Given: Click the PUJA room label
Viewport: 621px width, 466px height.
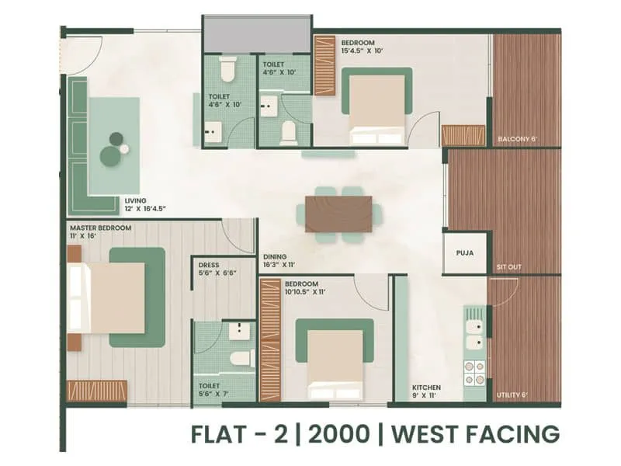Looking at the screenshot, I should (x=466, y=253).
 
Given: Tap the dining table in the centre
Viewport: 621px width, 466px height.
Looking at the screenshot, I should (x=338, y=214).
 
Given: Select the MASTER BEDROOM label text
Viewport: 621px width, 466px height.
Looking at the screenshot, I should (x=100, y=228).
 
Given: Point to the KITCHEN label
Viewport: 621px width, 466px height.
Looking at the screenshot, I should (x=427, y=388).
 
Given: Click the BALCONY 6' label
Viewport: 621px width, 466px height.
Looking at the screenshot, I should (x=517, y=140).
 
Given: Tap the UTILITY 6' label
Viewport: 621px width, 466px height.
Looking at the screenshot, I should (x=512, y=395).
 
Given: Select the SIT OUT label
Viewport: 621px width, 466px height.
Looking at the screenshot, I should (x=508, y=267).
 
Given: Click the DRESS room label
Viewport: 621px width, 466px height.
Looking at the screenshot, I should (x=209, y=265).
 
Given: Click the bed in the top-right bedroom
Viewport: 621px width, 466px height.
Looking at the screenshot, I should (x=377, y=109).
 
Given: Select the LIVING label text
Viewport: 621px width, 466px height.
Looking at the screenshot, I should (x=135, y=200).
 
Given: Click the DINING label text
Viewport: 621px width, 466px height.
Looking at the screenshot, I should (x=276, y=256).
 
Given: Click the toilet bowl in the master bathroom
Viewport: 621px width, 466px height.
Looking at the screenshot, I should (x=241, y=358).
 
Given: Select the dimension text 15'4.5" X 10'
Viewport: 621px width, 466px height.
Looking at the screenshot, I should (x=346, y=50).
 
